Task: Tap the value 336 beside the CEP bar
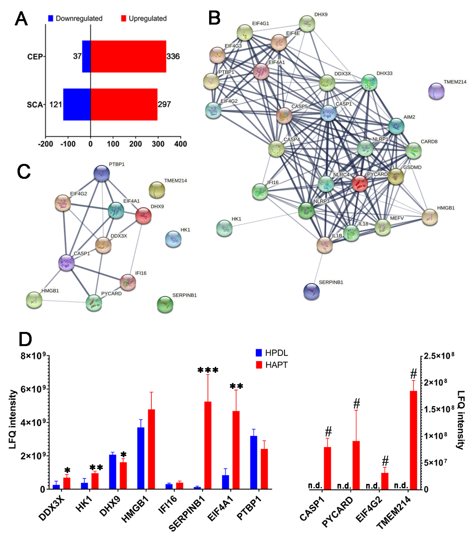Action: tap(173, 56)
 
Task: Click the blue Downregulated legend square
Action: tap(51, 18)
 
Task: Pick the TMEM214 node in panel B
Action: tap(436, 91)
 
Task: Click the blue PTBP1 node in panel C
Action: tap(102, 173)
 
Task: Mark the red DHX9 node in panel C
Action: tap(143, 215)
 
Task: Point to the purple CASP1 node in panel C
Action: tap(66, 263)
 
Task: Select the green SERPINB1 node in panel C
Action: tap(165, 304)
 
